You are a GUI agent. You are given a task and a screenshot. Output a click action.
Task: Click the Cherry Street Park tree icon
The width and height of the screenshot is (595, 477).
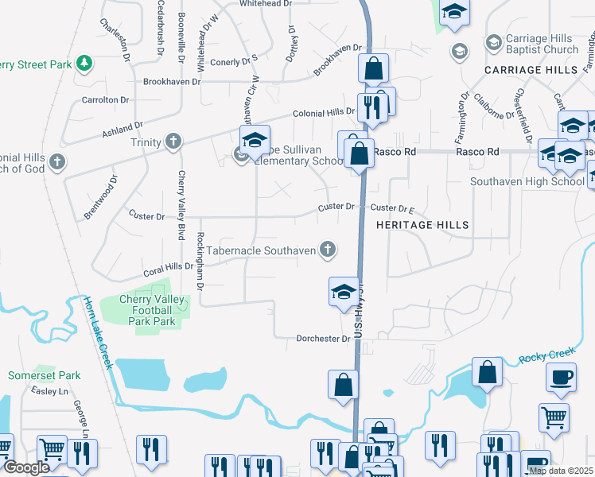(x=84, y=63)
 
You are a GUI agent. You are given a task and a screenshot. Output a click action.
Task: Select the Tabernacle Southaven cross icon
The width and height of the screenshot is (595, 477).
(x=326, y=250)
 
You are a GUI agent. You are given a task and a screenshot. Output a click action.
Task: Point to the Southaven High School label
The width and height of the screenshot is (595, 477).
(x=527, y=181)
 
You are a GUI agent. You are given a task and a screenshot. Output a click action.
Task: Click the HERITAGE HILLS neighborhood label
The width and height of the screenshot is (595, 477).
(x=422, y=225)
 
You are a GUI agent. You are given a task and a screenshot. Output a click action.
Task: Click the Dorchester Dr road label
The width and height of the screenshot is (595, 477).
(x=323, y=339)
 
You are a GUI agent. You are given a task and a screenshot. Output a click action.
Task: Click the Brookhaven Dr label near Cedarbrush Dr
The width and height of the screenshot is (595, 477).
(x=177, y=81)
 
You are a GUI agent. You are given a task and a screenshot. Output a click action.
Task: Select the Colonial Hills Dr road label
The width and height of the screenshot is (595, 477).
(x=324, y=113)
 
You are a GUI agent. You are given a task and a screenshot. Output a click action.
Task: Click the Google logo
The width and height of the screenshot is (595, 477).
(x=25, y=468)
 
